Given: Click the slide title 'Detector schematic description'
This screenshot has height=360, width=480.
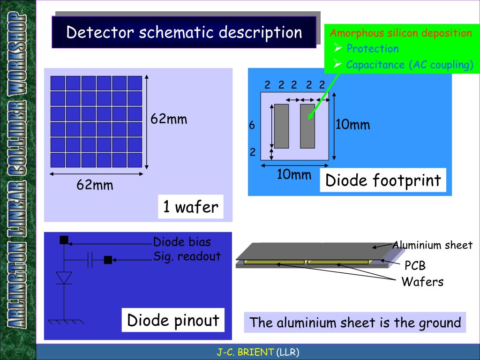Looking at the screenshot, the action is click(x=184, y=32).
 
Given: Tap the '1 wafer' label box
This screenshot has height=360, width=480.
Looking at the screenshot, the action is click(x=190, y=207).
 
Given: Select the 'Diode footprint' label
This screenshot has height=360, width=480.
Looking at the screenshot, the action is click(x=383, y=180).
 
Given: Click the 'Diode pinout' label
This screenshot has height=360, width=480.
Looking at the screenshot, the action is click(x=173, y=321).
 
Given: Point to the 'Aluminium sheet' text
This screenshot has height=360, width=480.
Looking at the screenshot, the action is click(x=432, y=245).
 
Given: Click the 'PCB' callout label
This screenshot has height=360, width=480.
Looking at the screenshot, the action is click(x=415, y=266).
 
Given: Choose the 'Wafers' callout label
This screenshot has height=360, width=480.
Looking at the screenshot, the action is click(x=422, y=282).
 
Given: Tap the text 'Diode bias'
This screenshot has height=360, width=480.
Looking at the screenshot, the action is click(x=182, y=242).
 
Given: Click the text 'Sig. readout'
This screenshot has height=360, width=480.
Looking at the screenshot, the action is click(x=187, y=256).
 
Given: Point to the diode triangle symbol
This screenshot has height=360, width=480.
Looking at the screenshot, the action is click(x=64, y=277).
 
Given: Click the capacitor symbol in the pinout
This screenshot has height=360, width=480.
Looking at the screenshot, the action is click(x=90, y=260).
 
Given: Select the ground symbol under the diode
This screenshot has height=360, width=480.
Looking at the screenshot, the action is click(x=65, y=322).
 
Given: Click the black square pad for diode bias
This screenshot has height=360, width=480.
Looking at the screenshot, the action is click(x=64, y=240).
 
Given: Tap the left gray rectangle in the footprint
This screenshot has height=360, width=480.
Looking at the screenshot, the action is click(x=281, y=126).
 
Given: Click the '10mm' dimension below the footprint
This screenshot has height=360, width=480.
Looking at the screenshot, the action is click(x=294, y=175).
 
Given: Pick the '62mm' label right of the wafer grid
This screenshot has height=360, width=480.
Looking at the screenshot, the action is click(x=169, y=119).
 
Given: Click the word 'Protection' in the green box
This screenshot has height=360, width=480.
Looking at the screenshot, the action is click(x=372, y=49).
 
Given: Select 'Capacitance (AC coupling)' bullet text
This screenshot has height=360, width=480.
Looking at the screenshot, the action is click(x=409, y=65).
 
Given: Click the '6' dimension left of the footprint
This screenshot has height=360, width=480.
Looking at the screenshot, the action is click(x=252, y=126).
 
